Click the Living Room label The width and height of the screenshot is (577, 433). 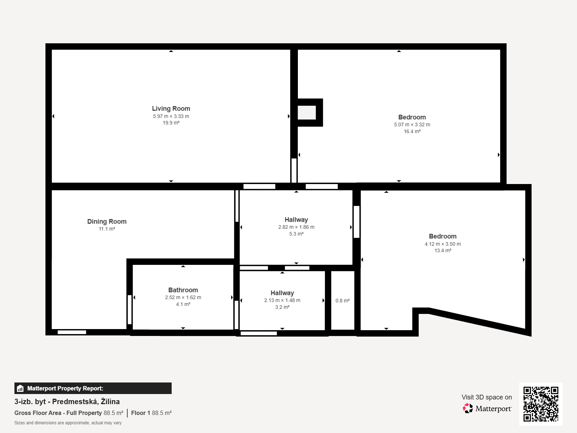point(171,109)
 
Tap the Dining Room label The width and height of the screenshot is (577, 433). point(107,222)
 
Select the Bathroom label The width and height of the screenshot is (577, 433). point(183,290)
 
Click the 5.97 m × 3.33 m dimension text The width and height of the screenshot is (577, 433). point(171,116)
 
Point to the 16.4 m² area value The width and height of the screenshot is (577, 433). point(412,131)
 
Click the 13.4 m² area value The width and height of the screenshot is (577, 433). point(443,250)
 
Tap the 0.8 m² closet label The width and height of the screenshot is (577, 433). point(343,301)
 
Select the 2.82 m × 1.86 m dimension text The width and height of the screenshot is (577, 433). point(296,227)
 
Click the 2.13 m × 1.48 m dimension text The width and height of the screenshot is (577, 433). point(282,300)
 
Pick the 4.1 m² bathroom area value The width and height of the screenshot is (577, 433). point(183,304)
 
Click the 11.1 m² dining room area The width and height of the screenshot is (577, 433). point(107,229)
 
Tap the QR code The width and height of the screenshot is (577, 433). point(541,404)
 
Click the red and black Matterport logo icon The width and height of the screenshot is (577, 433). point(468,408)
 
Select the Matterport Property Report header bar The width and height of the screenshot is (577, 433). point(93,388)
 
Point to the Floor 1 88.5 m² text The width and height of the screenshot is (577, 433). point(151,413)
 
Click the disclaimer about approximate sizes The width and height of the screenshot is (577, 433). point(68,423)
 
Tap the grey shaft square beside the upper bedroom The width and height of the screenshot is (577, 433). point(307,113)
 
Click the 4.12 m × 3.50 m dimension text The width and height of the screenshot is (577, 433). point(443,244)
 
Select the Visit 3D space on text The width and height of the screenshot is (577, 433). point(487,397)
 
